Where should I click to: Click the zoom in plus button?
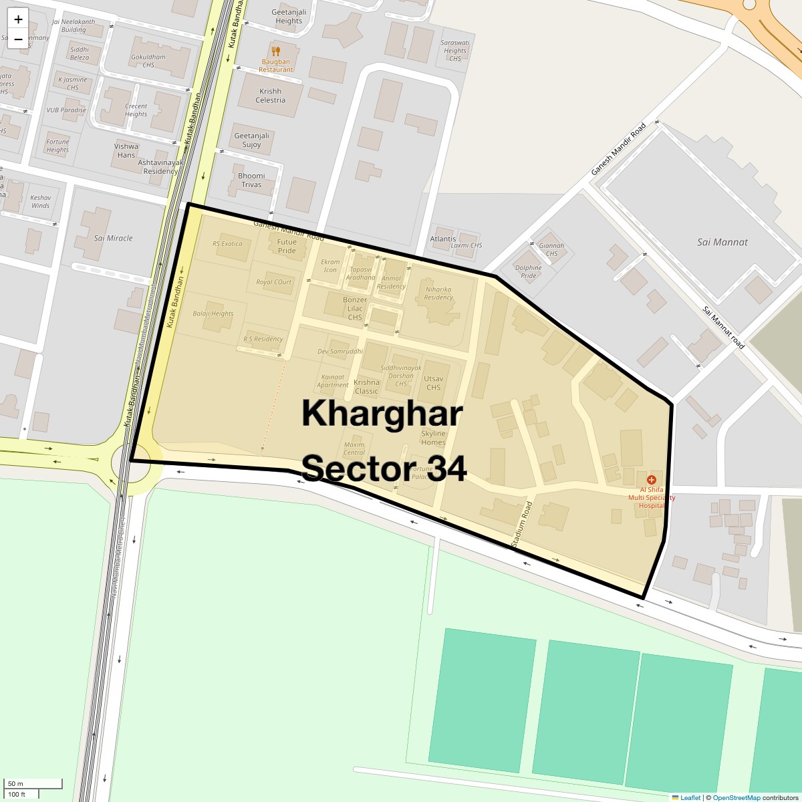coord(18,19)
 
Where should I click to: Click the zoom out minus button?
coord(18,39)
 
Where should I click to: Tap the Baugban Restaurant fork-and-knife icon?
coord(275,51)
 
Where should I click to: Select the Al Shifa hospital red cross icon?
coord(652,479)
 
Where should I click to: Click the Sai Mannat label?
coord(722,242)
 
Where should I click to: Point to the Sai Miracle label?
coord(113,238)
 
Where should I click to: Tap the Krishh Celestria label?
coord(270,96)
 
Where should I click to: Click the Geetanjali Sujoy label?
coord(251,140)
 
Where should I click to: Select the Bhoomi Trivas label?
coord(251,180)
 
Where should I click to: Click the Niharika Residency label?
coord(438,293)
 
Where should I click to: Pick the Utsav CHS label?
coord(433,383)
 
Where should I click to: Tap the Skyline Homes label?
coord(433,438)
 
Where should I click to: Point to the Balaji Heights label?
coord(213,313)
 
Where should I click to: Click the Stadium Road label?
coord(521,525)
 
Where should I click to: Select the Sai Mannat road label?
coord(723,327)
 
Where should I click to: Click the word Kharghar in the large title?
coord(382,413)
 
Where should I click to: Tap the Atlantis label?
coord(443,239)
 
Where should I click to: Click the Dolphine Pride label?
coord(528,272)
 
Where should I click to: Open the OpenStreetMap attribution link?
coord(736,797)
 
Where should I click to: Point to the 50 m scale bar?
coord(33,784)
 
